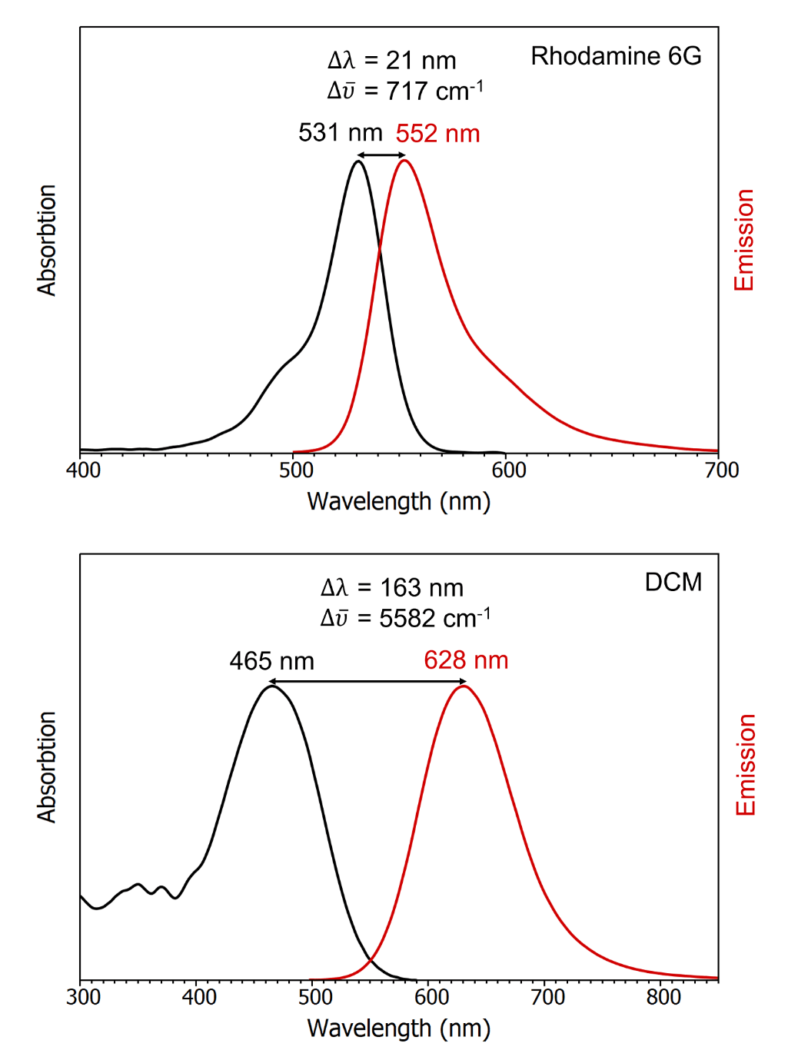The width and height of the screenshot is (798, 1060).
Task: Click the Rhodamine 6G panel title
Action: (616, 56)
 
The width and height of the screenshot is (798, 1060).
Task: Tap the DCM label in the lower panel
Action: (673, 583)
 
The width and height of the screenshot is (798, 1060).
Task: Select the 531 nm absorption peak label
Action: (340, 133)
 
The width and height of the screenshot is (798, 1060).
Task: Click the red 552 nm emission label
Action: (437, 134)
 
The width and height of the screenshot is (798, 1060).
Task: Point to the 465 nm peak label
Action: (271, 661)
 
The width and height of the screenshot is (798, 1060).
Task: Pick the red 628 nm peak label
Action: (466, 660)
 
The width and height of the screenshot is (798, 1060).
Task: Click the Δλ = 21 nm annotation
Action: (391, 61)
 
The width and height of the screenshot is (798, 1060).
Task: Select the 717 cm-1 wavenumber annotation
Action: (405, 91)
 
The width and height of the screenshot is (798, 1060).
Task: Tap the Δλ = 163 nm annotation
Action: (391, 588)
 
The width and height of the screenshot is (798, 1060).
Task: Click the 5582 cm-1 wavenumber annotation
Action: (405, 618)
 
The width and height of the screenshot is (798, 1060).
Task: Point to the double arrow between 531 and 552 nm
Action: (381, 155)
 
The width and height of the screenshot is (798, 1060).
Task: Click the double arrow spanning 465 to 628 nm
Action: (367, 682)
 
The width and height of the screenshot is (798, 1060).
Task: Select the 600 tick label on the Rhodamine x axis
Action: (508, 470)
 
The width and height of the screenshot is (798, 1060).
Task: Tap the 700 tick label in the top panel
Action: (721, 470)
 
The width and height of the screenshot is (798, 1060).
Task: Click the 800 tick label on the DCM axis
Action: (663, 998)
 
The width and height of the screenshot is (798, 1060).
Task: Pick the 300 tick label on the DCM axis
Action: (83, 998)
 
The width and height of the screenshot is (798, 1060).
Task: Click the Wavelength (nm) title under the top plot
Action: (398, 501)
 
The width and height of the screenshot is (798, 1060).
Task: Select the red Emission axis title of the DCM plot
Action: (745, 765)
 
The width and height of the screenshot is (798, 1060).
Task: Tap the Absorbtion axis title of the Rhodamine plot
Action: (47, 240)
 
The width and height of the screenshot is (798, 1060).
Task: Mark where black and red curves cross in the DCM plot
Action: (371, 959)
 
